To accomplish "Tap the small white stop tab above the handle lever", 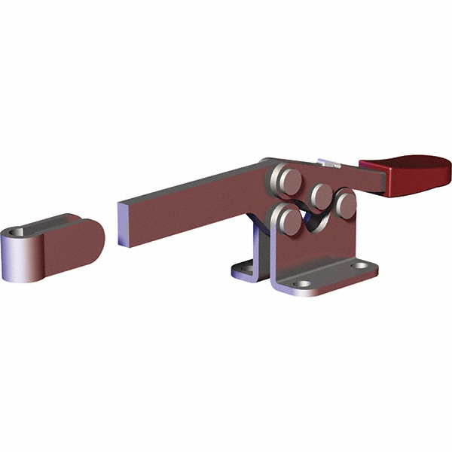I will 329,163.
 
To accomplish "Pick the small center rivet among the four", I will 322,195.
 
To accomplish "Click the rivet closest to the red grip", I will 346,202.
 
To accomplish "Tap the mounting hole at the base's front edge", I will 303,286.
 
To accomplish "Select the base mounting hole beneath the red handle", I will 367,266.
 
